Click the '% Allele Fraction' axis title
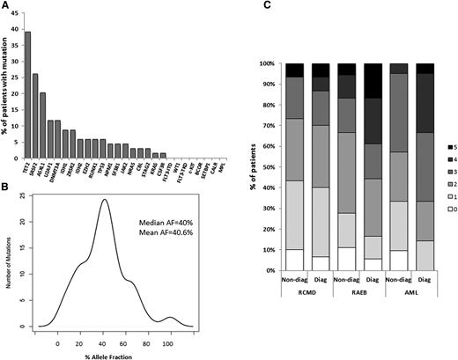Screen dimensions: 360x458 (x=116, y=351)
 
